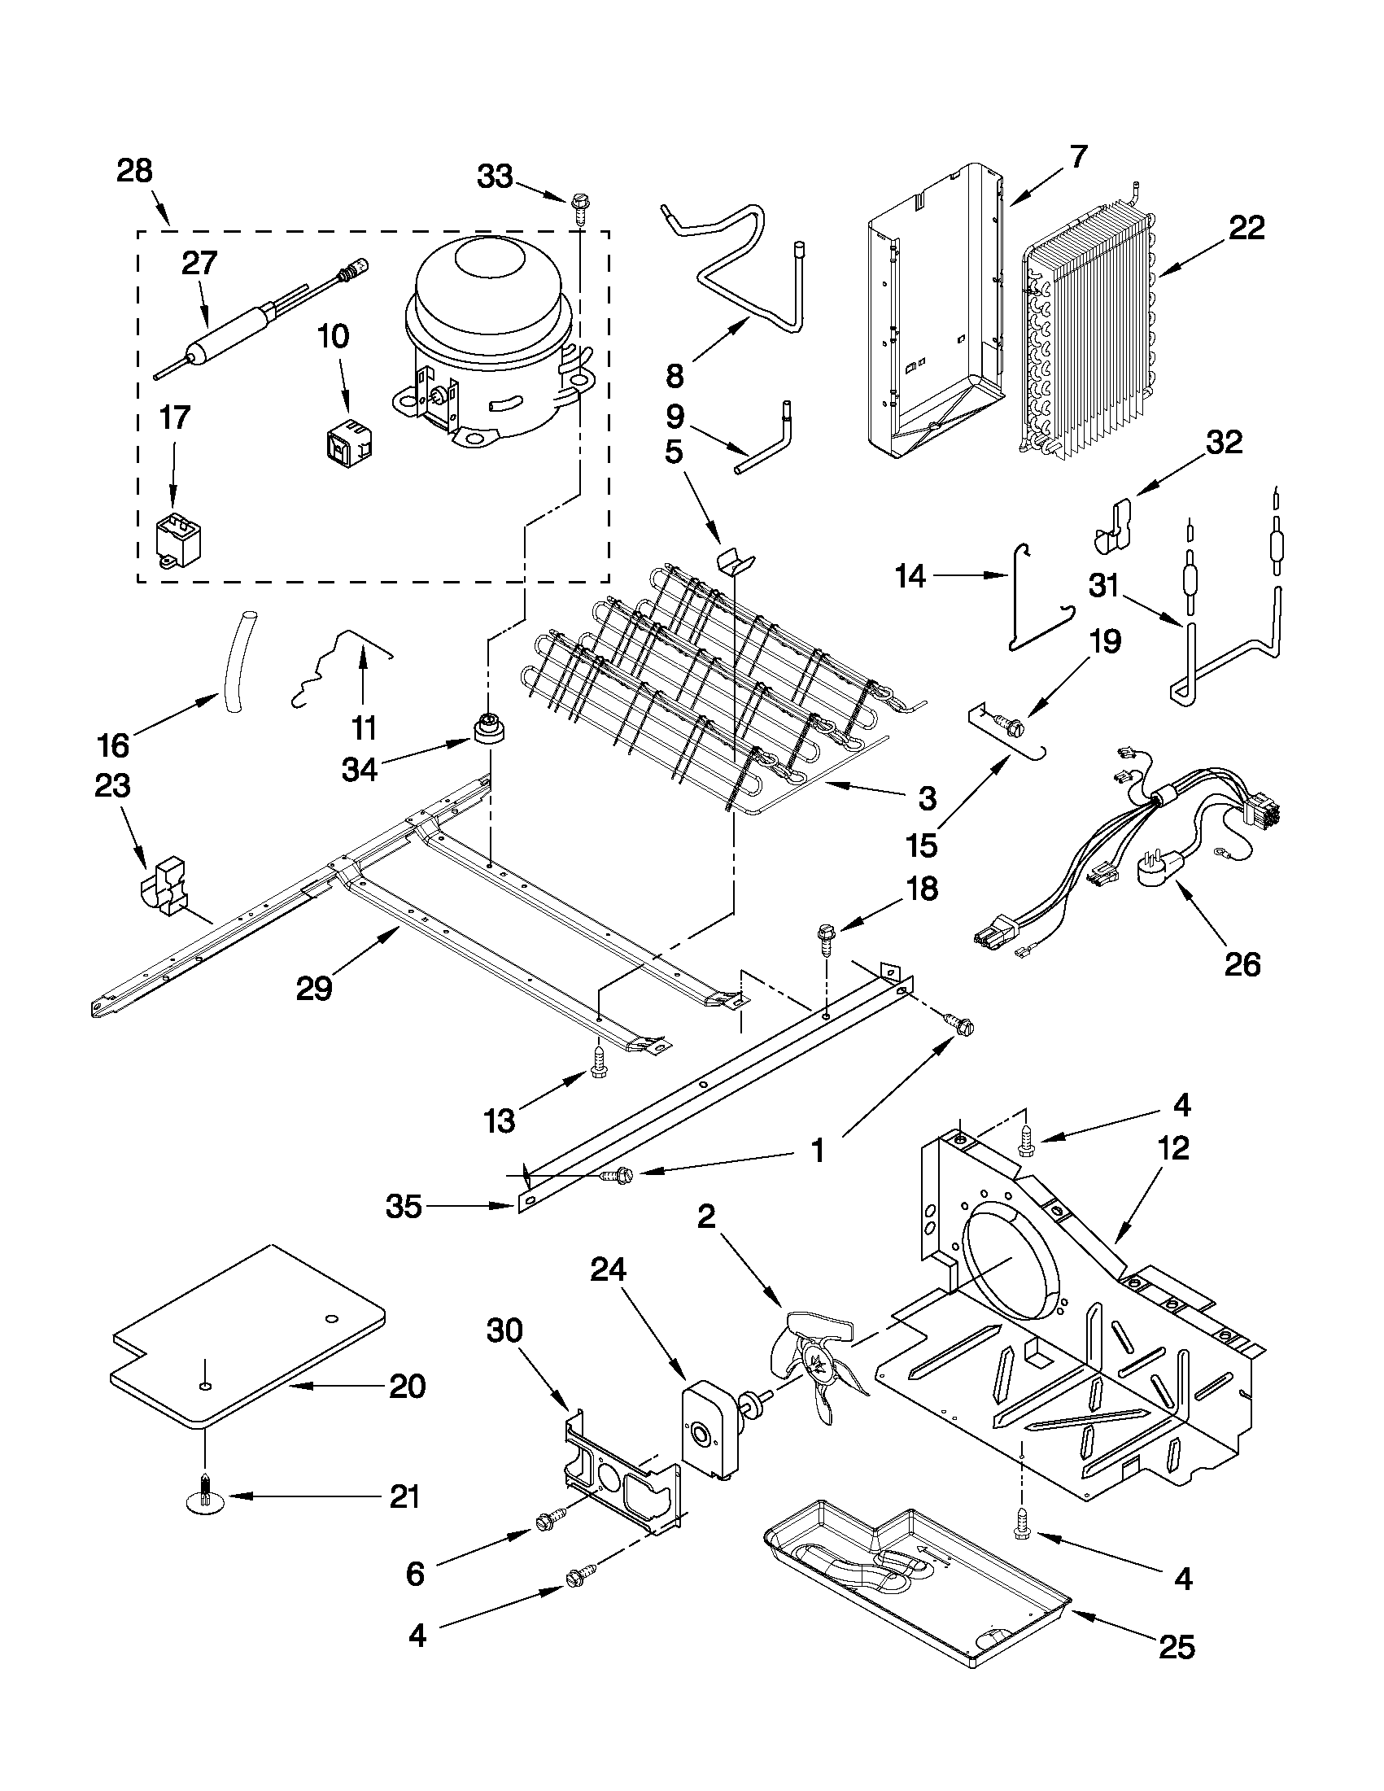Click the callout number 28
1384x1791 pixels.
click(x=134, y=172)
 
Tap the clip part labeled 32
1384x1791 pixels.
click(x=1113, y=527)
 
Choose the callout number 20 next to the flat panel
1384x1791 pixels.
click(x=408, y=1387)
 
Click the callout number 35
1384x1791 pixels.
click(x=404, y=1206)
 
